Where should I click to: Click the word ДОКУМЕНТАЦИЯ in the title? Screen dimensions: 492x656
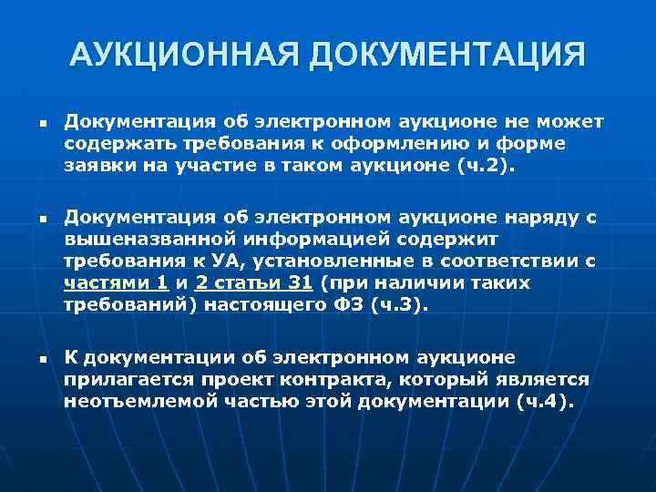click(448, 56)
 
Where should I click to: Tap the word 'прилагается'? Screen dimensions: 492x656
click(123, 378)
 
